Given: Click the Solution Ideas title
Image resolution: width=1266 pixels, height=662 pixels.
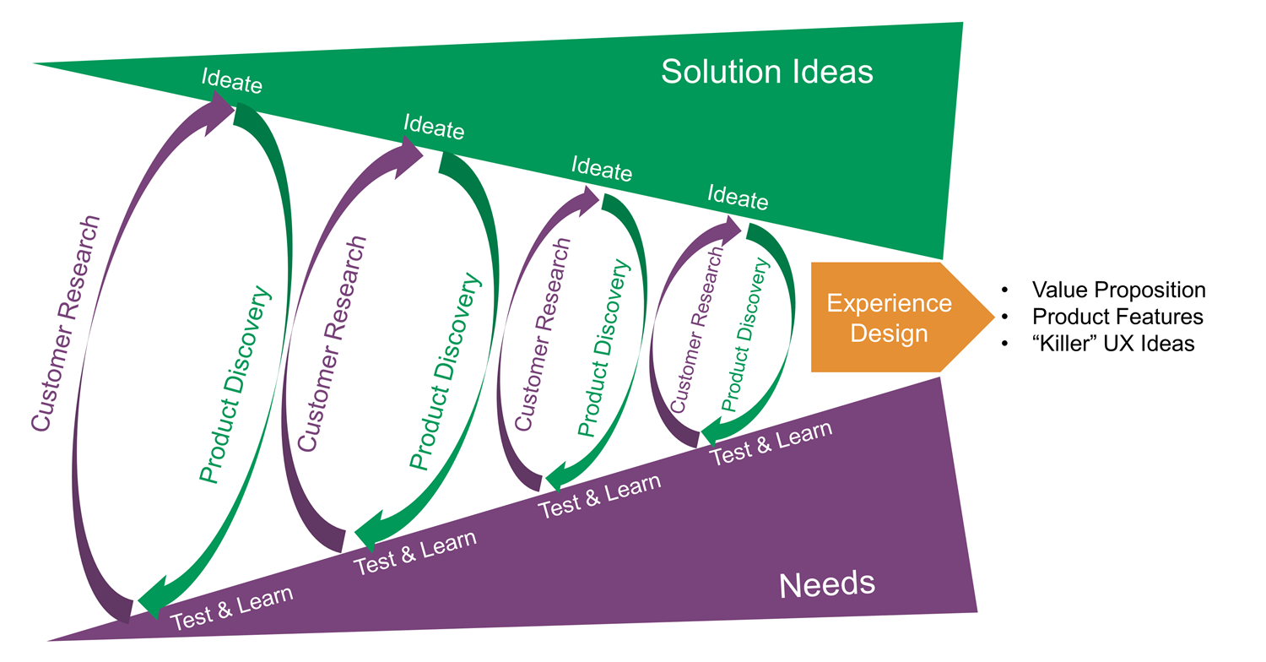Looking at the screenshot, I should [766, 72].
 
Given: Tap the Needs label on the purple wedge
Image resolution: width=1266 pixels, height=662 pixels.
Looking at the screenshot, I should [826, 584].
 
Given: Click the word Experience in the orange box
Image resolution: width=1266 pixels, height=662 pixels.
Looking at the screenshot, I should [889, 304].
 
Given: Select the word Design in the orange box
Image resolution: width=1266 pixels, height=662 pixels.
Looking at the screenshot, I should [889, 333].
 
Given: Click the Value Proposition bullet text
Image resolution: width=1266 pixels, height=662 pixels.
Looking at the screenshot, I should [1118, 290].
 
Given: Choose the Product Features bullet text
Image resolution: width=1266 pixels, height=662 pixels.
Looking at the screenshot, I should [1117, 317].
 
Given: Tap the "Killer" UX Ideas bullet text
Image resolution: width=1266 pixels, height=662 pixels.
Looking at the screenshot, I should [1112, 344].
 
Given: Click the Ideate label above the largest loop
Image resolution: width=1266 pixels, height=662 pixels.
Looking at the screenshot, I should [232, 82].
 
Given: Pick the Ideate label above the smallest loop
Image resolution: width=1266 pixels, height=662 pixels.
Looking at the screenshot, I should [738, 198].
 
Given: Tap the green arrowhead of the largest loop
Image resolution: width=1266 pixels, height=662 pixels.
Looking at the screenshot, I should [152, 605].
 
